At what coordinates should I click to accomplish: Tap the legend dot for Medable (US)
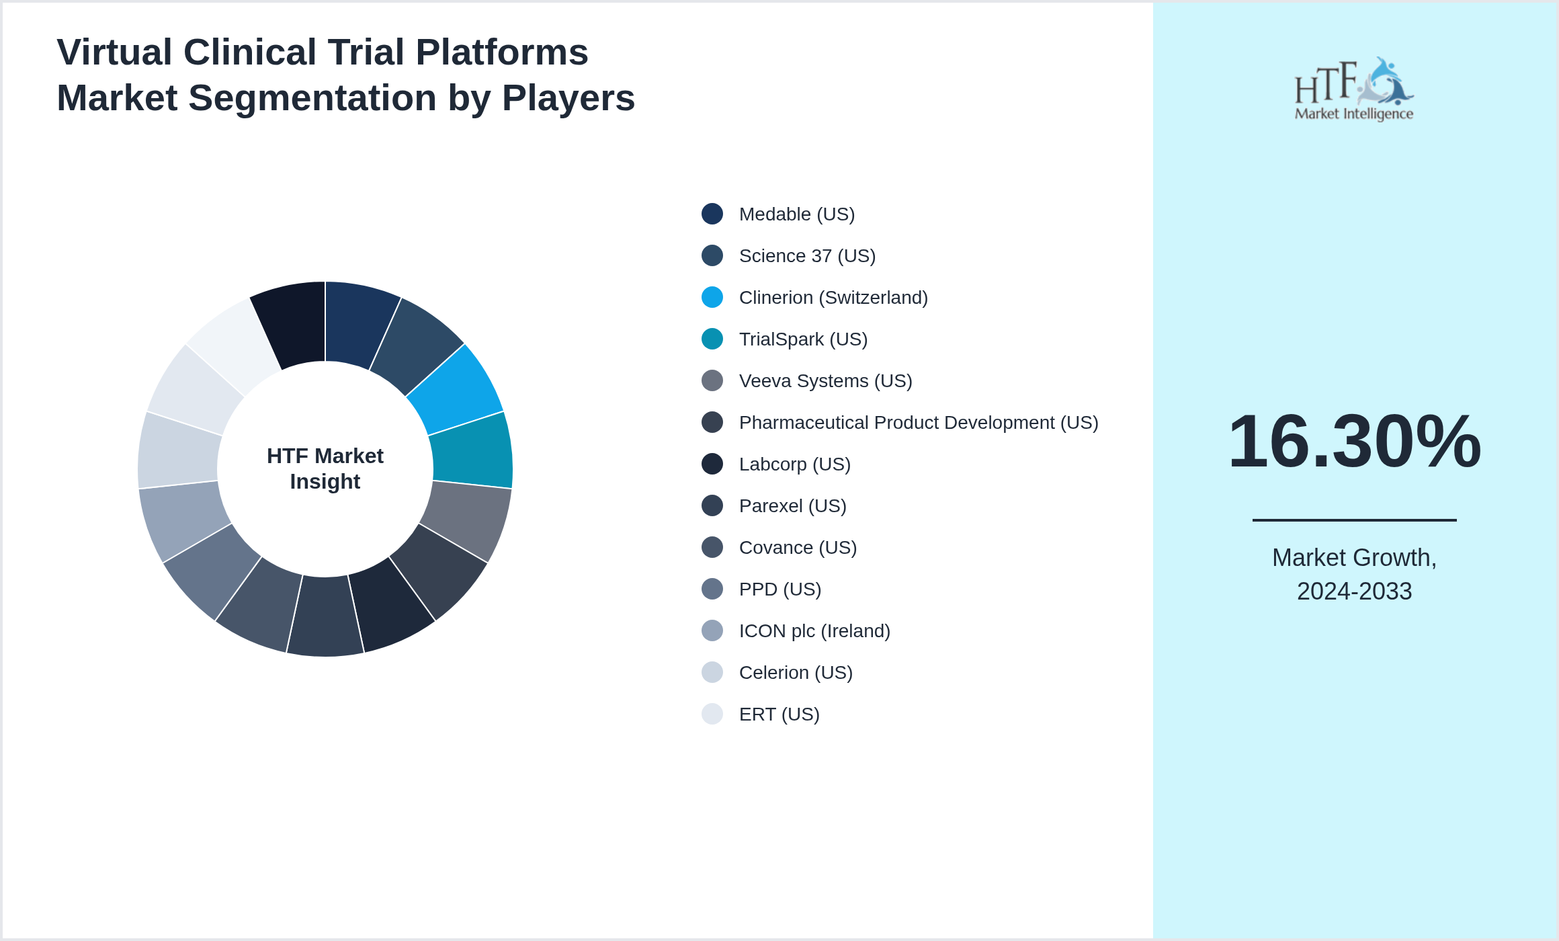(712, 214)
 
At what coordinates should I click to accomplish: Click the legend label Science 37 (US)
(806, 256)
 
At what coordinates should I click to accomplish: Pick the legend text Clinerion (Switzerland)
(833, 298)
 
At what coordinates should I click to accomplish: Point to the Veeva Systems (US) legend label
(825, 381)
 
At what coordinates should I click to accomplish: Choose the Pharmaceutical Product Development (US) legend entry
(918, 423)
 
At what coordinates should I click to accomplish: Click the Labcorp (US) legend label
(794, 464)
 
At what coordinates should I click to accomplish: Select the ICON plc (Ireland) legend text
(814, 631)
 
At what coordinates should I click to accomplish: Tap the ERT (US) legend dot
(712, 714)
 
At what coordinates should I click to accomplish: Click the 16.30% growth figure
(1353, 442)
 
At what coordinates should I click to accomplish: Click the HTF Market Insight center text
(325, 468)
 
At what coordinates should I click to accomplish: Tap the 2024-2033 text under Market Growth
(1353, 591)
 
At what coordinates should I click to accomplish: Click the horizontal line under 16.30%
(1353, 520)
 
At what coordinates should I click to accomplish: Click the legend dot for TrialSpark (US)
(712, 339)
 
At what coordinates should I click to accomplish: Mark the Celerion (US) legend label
(795, 673)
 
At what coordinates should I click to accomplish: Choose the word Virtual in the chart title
(114, 52)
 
